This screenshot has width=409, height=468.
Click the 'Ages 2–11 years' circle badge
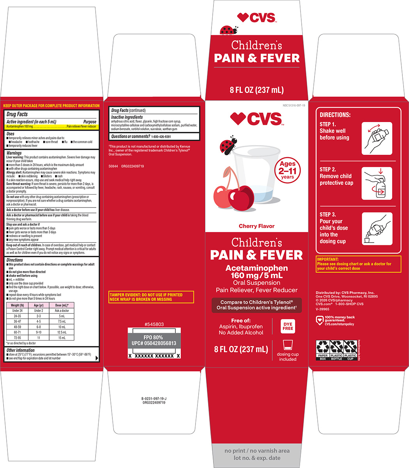(x=288, y=170)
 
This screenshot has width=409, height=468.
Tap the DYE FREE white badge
(x=288, y=326)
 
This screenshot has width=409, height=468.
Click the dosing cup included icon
(x=288, y=345)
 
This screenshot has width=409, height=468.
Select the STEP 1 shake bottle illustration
(x=377, y=138)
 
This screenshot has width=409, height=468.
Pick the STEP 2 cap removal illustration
(x=377, y=183)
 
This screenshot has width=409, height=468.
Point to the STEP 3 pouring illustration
(x=377, y=229)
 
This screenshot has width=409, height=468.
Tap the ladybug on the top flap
(x=227, y=30)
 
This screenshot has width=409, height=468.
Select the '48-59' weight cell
(x=17, y=327)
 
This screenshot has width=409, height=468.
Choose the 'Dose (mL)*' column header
(x=62, y=305)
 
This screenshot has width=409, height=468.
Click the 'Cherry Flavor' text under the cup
(x=256, y=226)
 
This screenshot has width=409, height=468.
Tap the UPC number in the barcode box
(x=154, y=343)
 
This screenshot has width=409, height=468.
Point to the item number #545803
(x=154, y=324)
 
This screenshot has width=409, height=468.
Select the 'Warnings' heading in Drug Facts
(x=14, y=153)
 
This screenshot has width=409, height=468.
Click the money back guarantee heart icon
(x=319, y=320)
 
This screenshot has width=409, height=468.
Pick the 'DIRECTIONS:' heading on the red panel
(x=335, y=115)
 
